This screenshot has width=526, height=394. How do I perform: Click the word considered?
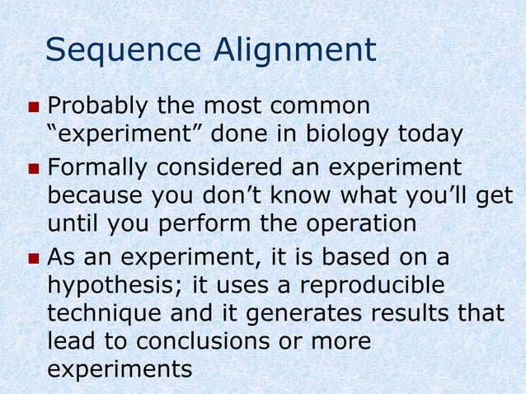(218, 168)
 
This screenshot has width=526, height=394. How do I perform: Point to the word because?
(91, 196)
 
